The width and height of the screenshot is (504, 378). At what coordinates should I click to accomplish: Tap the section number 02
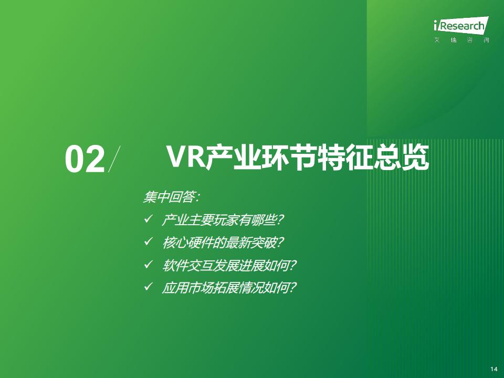(85, 160)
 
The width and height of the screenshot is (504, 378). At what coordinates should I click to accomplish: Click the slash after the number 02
(114, 159)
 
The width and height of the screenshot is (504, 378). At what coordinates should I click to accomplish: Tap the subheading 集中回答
(169, 197)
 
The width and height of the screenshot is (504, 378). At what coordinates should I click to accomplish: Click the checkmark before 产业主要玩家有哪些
(148, 219)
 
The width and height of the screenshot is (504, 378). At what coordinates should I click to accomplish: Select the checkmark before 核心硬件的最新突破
(148, 241)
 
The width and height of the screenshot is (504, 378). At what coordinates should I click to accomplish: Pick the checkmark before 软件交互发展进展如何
(148, 265)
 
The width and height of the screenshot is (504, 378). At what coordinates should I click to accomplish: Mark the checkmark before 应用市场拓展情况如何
(148, 286)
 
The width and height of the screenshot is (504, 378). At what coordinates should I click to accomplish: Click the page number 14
(493, 369)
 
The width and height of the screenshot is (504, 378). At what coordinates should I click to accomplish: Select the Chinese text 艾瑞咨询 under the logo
(461, 40)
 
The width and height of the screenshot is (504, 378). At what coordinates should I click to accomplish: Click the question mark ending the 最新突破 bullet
(280, 243)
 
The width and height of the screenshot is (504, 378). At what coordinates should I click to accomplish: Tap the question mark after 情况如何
(292, 288)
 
